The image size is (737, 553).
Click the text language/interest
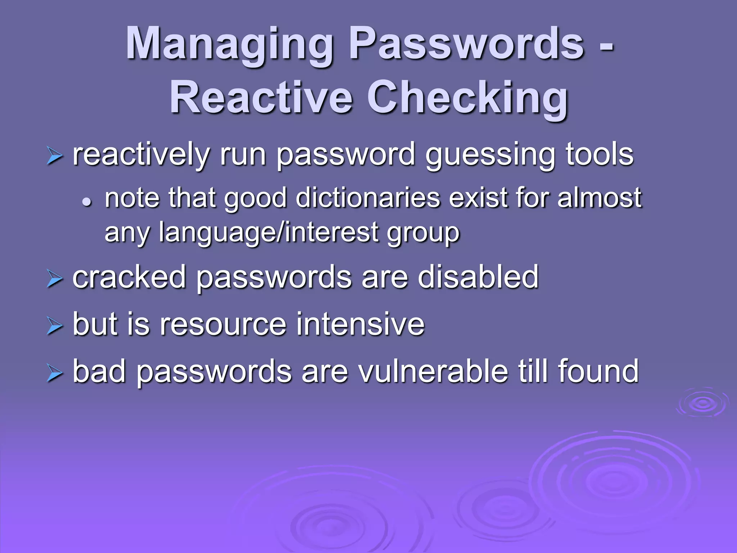(268, 233)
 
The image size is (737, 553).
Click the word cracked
(129, 277)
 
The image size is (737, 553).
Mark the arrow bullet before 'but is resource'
(55, 327)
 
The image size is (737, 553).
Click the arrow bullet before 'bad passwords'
(55, 374)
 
